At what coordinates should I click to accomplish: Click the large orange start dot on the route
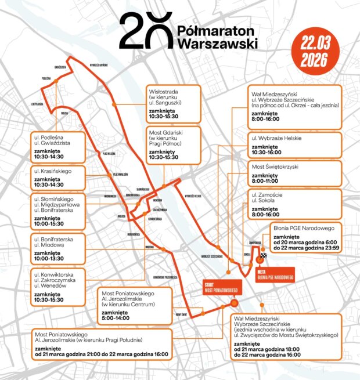[x=234, y=303]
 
